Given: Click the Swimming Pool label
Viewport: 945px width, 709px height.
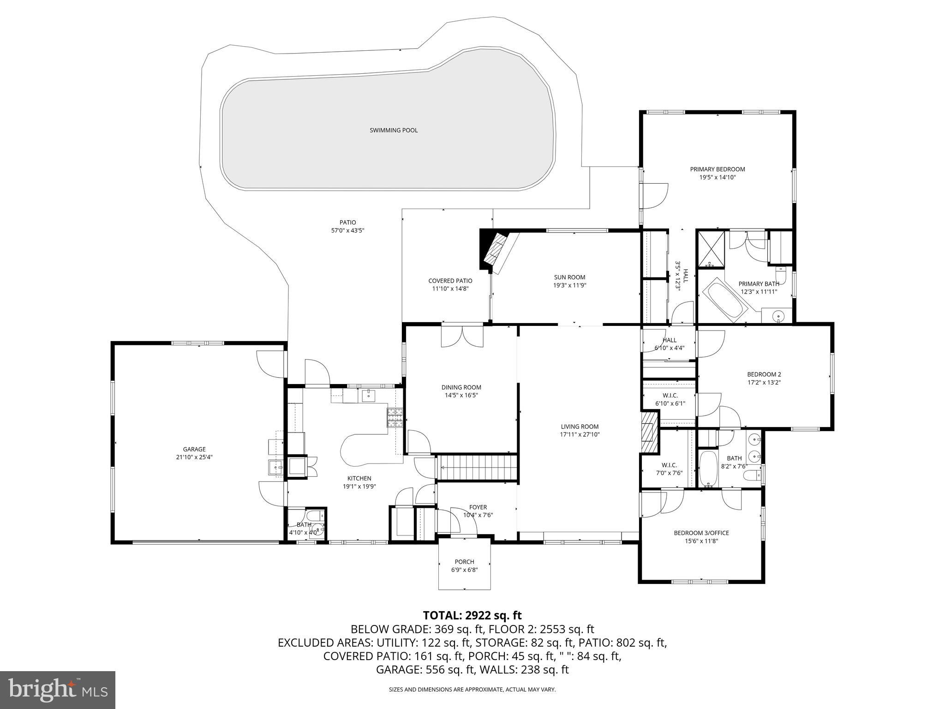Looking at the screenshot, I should tap(394, 130).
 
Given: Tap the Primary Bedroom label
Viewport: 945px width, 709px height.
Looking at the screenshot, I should tap(717, 169).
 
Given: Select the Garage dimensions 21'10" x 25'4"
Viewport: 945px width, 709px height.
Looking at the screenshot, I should tap(194, 457).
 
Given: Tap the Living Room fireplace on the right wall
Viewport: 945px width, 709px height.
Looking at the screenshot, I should tap(649, 432).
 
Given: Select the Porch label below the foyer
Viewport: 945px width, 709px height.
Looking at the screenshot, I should tap(464, 562).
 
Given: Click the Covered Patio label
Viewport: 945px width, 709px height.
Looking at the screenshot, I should tap(450, 281).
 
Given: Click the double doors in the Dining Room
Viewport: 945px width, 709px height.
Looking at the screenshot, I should tap(462, 336).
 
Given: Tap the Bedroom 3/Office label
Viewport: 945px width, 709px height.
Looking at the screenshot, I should tap(701, 533).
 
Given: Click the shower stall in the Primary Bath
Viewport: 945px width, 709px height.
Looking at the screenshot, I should tap(711, 249).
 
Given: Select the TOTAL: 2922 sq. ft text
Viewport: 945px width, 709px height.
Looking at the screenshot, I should tap(472, 615).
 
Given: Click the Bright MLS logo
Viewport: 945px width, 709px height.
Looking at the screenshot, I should tap(57, 690).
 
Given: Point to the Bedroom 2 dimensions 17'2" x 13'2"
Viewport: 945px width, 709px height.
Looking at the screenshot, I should tap(764, 382).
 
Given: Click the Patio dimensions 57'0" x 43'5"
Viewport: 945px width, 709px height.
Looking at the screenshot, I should tap(347, 230).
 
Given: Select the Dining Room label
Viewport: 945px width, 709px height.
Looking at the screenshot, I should tap(461, 387).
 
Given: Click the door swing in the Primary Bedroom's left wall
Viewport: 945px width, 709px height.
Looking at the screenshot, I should tap(654, 196).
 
